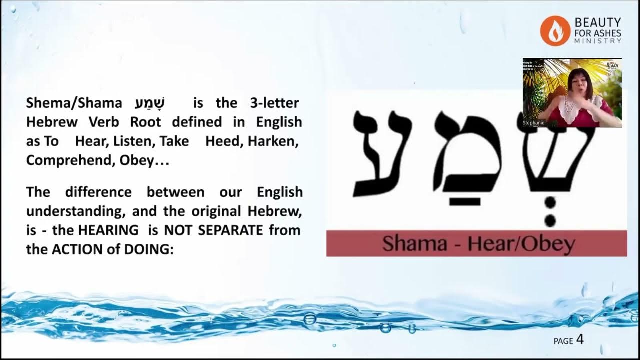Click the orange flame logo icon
pyautogui.click(x=555, y=30)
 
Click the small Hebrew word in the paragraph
pyautogui.click(x=150, y=103)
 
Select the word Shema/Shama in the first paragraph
pyautogui.click(x=74, y=103)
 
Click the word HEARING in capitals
pyautogui.click(x=110, y=230)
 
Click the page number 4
pyautogui.click(x=580, y=340)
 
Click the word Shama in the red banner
pyautogui.click(x=407, y=244)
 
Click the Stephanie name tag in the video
pyautogui.click(x=534, y=122)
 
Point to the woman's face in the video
pyautogui.click(x=582, y=85)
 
